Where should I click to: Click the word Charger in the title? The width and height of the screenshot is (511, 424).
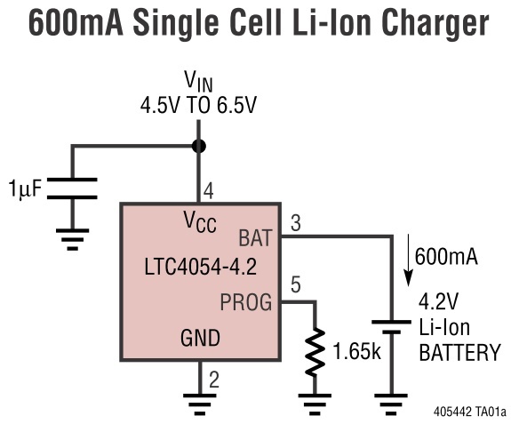click(435, 24)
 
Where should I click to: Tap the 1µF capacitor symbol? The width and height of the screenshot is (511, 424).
click(72, 188)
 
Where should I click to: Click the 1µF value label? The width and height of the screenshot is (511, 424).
click(25, 188)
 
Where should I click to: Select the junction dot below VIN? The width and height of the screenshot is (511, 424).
click(198, 146)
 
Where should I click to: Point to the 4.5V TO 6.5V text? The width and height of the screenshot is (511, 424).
click(198, 105)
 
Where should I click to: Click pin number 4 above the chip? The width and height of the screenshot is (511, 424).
click(209, 191)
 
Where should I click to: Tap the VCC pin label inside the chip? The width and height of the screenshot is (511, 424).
click(200, 222)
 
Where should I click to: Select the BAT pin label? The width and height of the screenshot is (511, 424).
click(255, 238)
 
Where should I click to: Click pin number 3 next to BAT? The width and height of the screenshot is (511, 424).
click(296, 224)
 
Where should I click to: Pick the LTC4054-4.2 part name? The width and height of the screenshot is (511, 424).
click(201, 267)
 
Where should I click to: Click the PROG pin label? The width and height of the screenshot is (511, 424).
click(246, 302)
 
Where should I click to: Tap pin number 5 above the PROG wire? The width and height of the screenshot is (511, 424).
click(296, 284)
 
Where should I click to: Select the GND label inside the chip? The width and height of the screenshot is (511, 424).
click(201, 338)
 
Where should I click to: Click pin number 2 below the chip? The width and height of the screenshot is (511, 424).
click(214, 380)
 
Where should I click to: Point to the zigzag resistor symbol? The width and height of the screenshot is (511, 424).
click(315, 352)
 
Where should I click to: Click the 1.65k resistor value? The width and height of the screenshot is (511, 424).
click(357, 352)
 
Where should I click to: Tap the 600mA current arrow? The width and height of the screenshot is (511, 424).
click(408, 260)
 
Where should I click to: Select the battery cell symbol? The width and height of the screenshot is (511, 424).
click(391, 327)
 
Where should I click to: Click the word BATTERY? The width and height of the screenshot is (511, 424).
click(459, 353)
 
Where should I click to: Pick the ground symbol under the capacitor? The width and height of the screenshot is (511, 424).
click(72, 239)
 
